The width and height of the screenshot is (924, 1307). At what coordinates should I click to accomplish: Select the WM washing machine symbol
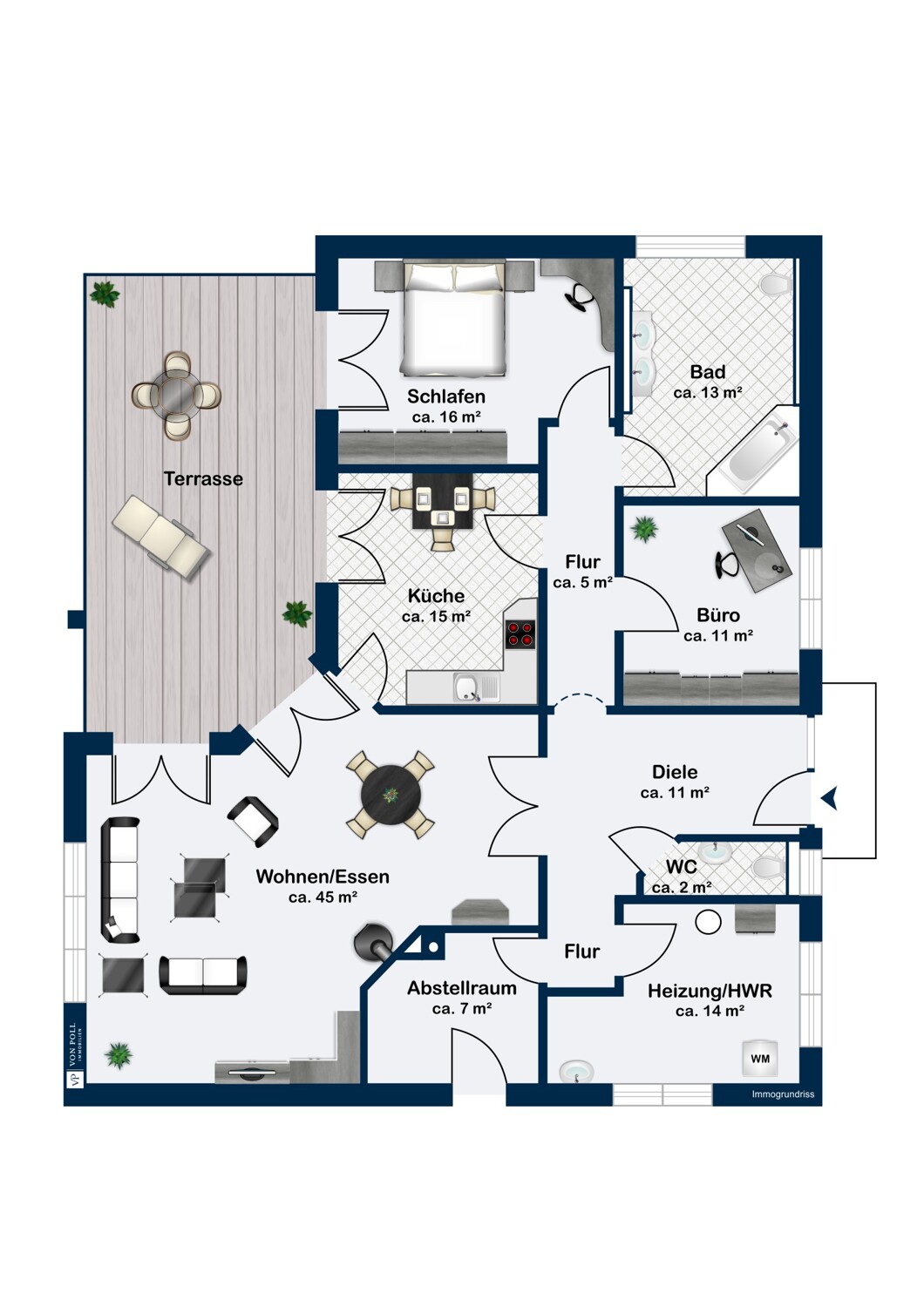tap(759, 1059)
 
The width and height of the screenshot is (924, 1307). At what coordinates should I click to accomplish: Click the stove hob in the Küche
tap(521, 633)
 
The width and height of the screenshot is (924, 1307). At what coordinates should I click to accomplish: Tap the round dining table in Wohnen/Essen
tap(391, 795)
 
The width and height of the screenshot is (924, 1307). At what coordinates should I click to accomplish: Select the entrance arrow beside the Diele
tap(829, 797)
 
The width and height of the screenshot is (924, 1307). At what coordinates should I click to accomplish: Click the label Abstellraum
tap(462, 988)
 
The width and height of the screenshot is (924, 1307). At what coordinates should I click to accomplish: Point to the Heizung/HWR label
tap(710, 991)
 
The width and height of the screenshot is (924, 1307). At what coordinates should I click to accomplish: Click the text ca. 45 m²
tap(323, 897)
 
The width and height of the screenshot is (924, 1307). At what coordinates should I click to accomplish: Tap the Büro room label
tap(718, 615)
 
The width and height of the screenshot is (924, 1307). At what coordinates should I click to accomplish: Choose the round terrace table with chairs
tap(177, 395)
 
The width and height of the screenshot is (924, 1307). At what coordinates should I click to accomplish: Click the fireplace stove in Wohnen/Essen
tap(371, 942)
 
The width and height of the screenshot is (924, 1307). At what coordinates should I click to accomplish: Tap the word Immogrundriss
tap(783, 1094)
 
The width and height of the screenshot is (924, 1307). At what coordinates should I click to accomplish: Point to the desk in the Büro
tap(757, 545)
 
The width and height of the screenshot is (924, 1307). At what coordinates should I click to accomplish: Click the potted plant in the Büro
tap(644, 528)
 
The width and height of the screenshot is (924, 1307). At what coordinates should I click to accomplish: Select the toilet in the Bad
tap(774, 283)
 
